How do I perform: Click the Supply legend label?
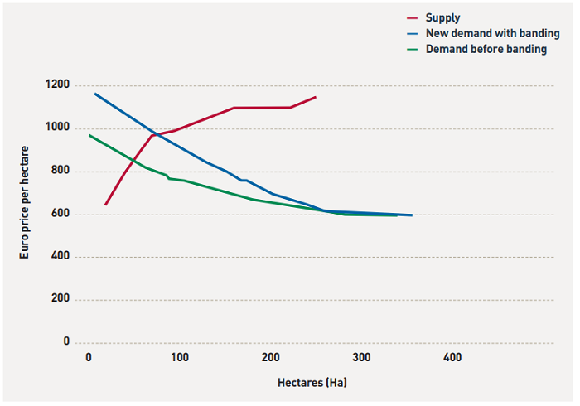click(x=442, y=17)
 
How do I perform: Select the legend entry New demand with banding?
click(x=492, y=33)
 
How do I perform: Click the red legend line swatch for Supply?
click(x=415, y=17)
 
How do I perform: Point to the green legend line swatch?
click(x=415, y=50)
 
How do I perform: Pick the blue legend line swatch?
click(x=415, y=34)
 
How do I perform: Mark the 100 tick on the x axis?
click(x=180, y=357)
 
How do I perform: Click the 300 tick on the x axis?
click(x=361, y=357)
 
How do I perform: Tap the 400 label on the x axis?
click(x=452, y=357)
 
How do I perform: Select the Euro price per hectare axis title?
click(x=25, y=203)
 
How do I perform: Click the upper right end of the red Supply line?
click(x=316, y=97)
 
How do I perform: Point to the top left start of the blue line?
click(x=95, y=94)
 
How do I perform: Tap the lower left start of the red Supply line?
click(x=106, y=204)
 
